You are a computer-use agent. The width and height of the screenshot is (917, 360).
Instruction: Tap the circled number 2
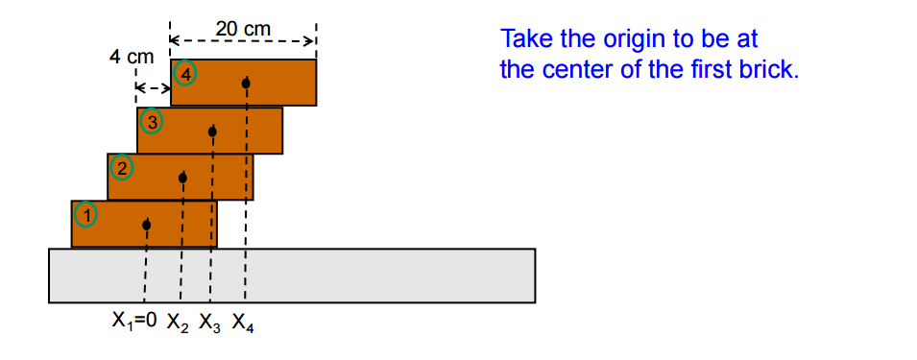(122, 167)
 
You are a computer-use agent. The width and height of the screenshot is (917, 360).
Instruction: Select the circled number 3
(151, 122)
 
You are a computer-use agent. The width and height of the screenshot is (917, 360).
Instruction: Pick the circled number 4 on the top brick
(185, 73)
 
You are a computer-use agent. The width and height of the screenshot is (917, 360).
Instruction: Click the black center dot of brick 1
(146, 226)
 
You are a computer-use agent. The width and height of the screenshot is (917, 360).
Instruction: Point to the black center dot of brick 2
(182, 178)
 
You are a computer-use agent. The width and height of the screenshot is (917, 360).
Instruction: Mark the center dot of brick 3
(212, 131)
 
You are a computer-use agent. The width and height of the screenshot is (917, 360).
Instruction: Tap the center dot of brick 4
(246, 84)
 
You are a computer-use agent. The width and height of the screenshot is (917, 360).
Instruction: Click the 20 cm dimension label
(243, 29)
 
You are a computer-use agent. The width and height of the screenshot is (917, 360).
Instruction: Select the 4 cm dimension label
(131, 57)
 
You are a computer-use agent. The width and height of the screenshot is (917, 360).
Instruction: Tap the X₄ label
(243, 324)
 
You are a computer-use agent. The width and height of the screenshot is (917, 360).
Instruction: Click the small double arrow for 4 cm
(152, 87)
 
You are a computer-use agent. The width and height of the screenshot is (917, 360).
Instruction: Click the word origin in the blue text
(636, 39)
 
